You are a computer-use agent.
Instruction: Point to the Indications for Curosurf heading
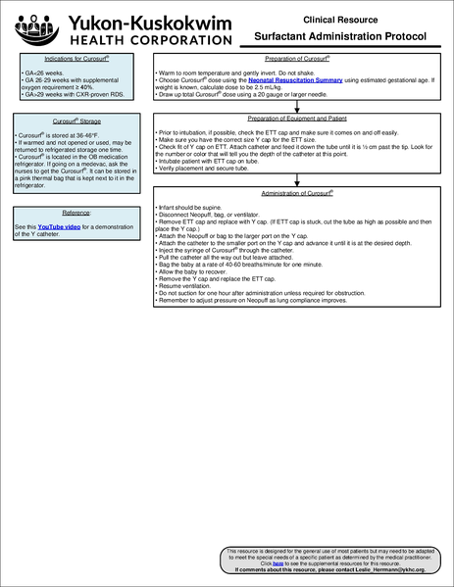pos(61,62)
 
